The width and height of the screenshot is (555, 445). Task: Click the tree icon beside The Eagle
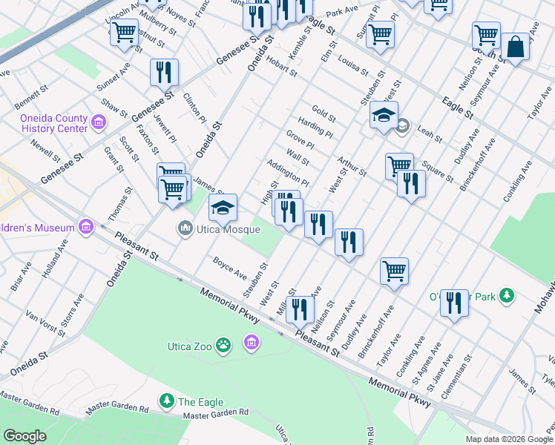(x=167, y=401)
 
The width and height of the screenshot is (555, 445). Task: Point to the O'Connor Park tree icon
(x=507, y=296)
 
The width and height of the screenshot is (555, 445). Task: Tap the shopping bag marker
(x=515, y=47)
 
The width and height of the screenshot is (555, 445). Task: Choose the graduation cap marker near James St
(x=223, y=208)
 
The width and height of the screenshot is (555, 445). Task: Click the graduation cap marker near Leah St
(x=384, y=116)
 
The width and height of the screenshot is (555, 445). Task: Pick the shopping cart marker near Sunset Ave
(x=124, y=33)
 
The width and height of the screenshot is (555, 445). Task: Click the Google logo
(x=25, y=436)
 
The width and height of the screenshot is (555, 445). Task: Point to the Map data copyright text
(x=509, y=439)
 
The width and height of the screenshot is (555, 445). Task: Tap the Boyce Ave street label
(x=229, y=268)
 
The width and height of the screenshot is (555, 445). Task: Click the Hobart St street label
(x=281, y=67)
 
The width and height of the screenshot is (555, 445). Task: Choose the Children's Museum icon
(x=85, y=226)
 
